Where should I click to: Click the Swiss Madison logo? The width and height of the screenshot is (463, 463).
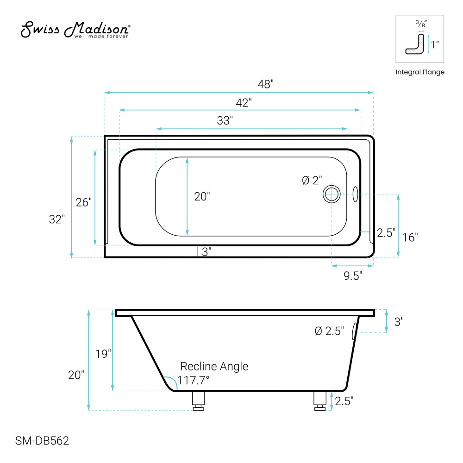(75, 30)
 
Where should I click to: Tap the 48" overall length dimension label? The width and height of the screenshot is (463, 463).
(265, 84)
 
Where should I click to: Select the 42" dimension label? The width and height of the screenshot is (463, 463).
(244, 103)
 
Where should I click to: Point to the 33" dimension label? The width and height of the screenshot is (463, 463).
(225, 120)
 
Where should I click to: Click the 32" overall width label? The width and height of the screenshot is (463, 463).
(56, 219)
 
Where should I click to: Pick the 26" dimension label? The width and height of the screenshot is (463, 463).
(83, 202)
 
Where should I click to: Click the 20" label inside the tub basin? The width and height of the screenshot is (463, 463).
(202, 196)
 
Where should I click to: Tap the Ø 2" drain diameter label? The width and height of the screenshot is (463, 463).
(312, 181)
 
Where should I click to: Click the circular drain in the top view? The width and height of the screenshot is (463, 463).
(332, 194)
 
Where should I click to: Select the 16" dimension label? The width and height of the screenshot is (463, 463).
(410, 238)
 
